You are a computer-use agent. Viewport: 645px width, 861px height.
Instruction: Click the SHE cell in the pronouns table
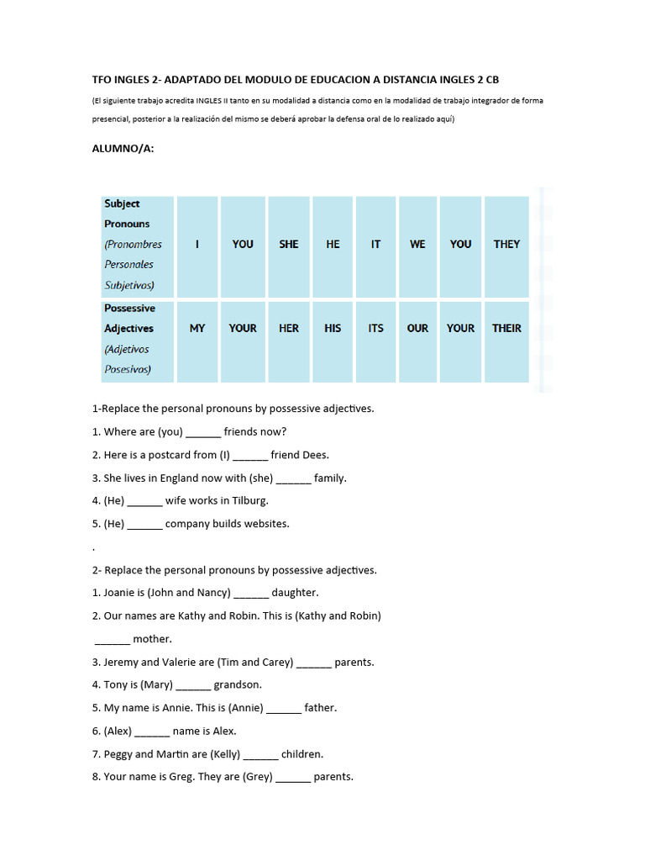pos(288,244)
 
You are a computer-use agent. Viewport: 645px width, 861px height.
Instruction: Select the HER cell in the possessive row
pos(288,328)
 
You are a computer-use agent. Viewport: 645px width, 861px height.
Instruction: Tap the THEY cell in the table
pos(506,244)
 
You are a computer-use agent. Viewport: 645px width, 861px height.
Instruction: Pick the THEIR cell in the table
pos(506,328)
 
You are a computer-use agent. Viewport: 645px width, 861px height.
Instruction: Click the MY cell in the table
pos(197,328)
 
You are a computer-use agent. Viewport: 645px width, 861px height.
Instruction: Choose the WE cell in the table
pos(417,244)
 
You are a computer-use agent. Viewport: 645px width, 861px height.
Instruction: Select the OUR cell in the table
pos(417,328)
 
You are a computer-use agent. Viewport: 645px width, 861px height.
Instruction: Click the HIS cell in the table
pos(333,328)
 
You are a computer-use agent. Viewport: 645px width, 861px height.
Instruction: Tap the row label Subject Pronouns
pos(127,214)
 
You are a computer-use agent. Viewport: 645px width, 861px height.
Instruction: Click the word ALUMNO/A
pos(123,149)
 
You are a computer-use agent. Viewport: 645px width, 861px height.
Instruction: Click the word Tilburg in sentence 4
pos(248,500)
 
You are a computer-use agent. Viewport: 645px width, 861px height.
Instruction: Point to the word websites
pos(265,523)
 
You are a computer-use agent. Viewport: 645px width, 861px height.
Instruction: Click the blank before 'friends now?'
pos(202,433)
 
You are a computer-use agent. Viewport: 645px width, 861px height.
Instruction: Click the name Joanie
pos(121,593)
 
